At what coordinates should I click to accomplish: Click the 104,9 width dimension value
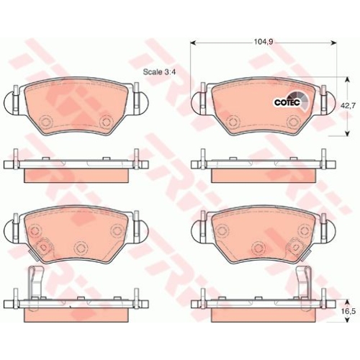point(264,42)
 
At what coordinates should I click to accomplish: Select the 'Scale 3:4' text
point(159,72)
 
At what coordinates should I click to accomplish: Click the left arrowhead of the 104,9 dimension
point(193,42)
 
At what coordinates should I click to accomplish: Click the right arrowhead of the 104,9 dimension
point(333,42)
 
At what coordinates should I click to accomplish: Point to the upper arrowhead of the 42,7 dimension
point(347,80)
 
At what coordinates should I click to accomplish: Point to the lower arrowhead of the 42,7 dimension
point(347,133)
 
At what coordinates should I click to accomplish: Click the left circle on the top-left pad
point(45,121)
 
